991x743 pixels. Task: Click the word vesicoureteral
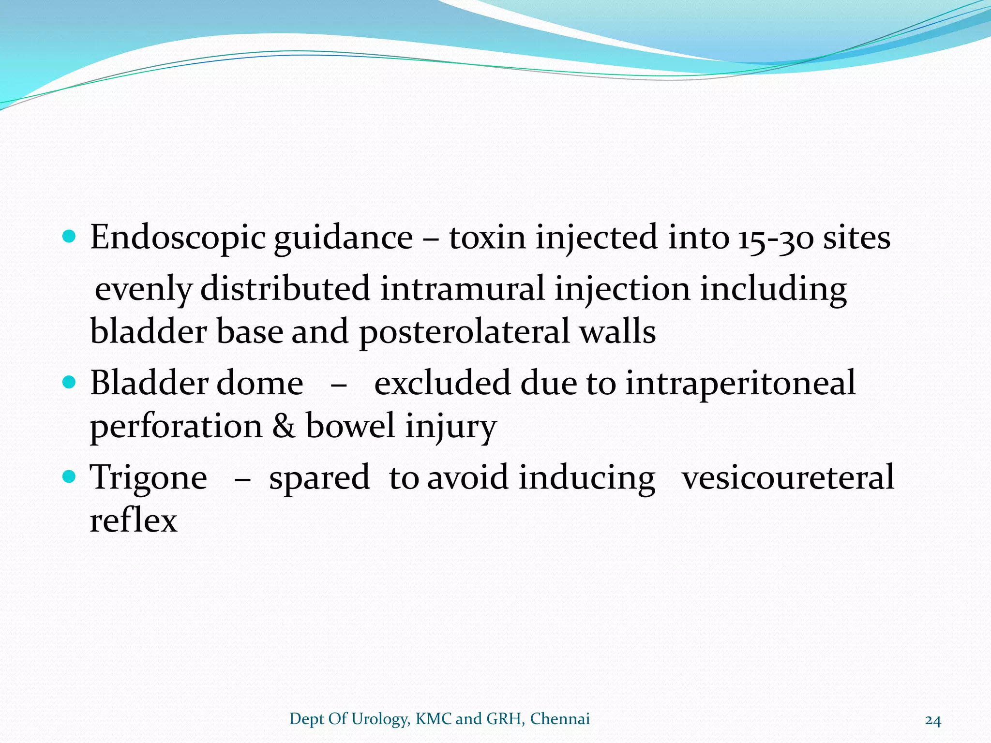[x=788, y=477]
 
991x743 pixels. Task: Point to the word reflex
[x=134, y=521]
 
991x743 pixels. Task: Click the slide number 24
[x=933, y=720]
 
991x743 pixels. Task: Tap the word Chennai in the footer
[x=560, y=719]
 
